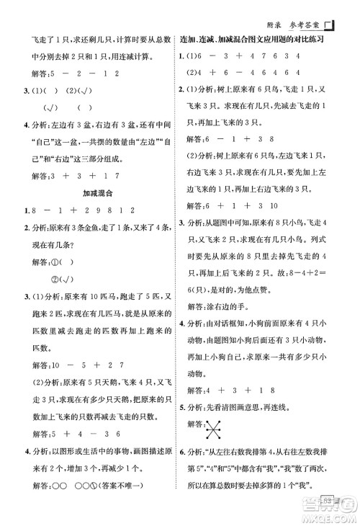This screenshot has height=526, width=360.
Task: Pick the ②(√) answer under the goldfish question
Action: pyautogui.click(x=58, y=279)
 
